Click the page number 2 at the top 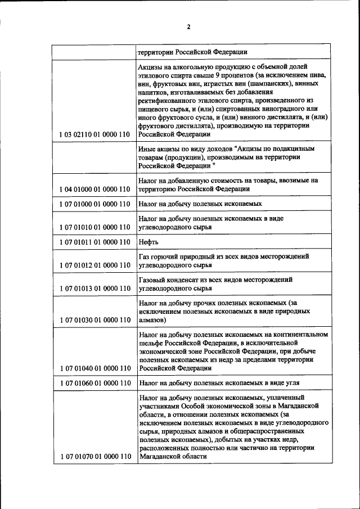pyautogui.click(x=190, y=26)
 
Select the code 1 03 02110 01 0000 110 pyautogui.click(x=94, y=135)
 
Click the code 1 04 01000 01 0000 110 pyautogui.click(x=94, y=190)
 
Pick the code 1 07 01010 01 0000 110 pyautogui.click(x=94, y=227)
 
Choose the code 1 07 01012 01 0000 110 pyautogui.click(x=94, y=265)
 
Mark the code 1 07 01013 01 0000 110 pyautogui.click(x=94, y=288)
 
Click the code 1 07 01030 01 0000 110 pyautogui.click(x=94, y=320)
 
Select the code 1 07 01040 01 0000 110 pyautogui.click(x=94, y=368)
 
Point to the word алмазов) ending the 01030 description pyautogui.click(x=151, y=320)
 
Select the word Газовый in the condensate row pyautogui.click(x=152, y=280)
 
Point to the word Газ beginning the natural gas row pyautogui.click(x=143, y=256)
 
